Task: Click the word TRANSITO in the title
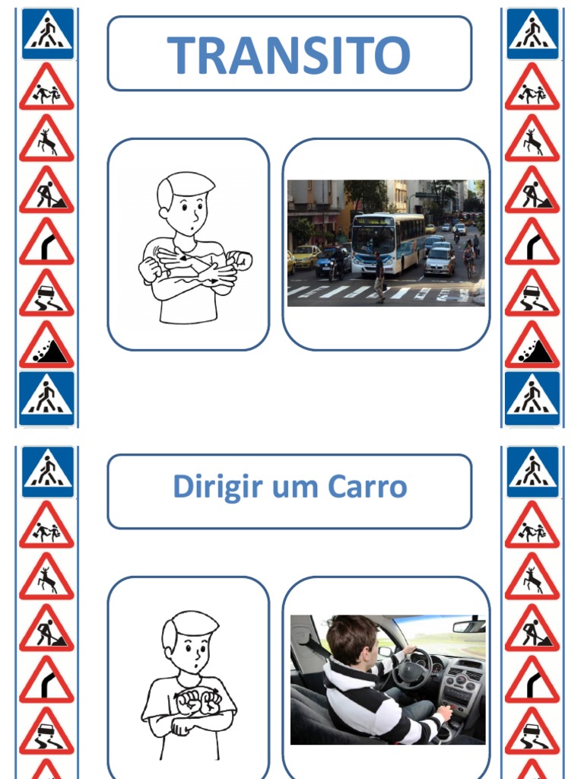[x=289, y=54]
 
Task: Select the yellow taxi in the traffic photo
[x=306, y=256]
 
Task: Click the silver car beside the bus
[x=440, y=260]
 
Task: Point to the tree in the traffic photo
[x=365, y=195]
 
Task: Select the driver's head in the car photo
[x=352, y=639]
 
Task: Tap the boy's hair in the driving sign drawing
[x=189, y=624]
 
